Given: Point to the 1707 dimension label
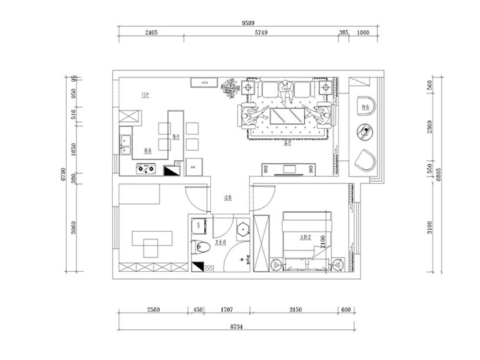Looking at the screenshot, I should [x=226, y=310].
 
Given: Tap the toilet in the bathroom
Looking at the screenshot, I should [x=203, y=247].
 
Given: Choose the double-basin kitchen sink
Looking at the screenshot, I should [x=125, y=141].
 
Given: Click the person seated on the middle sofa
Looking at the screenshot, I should [x=286, y=91].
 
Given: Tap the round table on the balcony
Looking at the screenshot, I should [x=365, y=132].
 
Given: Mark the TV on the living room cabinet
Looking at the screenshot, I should [x=289, y=170].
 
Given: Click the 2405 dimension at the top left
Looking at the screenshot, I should [x=150, y=32].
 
